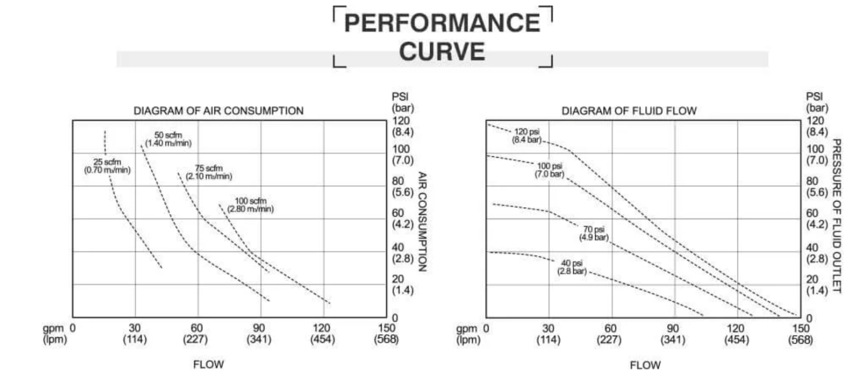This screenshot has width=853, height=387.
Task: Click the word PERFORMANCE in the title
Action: coord(442,23)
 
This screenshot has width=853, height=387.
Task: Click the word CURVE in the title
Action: coord(442,52)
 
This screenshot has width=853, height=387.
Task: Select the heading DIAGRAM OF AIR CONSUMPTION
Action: coord(219,111)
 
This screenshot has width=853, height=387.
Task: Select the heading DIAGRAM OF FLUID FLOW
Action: coord(629,111)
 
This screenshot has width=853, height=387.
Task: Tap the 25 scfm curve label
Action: coord(107,166)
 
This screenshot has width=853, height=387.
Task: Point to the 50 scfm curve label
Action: coord(168,139)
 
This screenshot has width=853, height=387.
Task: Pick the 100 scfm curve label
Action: coord(250,205)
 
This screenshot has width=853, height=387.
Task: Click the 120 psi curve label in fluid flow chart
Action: coord(527,136)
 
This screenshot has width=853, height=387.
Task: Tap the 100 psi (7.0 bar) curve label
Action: coord(550,170)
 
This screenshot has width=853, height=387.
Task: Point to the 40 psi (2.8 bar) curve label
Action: coord(572,267)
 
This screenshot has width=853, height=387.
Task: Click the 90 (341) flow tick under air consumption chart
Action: coord(259,334)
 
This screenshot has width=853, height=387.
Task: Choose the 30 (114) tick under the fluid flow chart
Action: coord(548,334)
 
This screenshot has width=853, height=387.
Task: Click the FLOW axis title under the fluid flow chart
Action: coord(645,366)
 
